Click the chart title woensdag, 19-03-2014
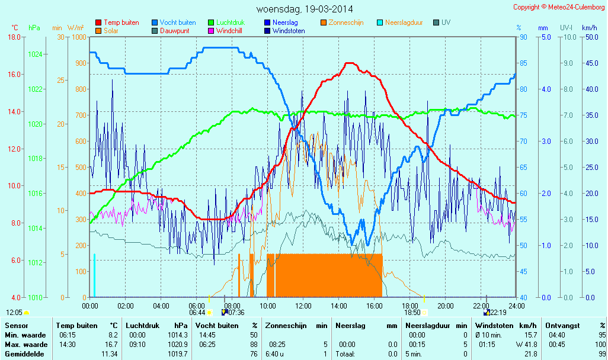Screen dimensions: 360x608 click(x=303, y=9)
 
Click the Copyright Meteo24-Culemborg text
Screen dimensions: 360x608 click(x=559, y=7)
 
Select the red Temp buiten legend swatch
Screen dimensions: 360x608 click(x=98, y=22)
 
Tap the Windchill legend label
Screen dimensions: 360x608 click(x=229, y=30)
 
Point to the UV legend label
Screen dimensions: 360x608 click(x=446, y=22)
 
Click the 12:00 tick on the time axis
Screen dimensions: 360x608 click(x=303, y=306)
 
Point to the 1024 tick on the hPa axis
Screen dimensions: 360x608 click(x=35, y=54)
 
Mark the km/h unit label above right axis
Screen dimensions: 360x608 click(x=589, y=28)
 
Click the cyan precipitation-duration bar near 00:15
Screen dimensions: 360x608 click(x=94, y=275)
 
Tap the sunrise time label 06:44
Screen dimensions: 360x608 click(x=197, y=313)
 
